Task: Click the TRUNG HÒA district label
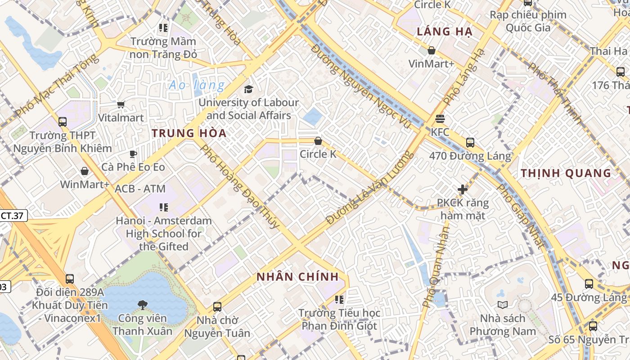[x=189, y=133]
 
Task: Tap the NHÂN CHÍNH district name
[x=297, y=277]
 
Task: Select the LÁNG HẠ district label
[x=444, y=31]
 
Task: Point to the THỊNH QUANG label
[x=566, y=173]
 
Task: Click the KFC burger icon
[x=440, y=119]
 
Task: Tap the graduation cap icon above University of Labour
[x=248, y=89]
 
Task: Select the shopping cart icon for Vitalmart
[x=121, y=105]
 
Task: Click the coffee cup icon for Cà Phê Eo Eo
[x=133, y=154]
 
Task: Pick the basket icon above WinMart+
[x=85, y=171]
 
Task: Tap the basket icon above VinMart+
[x=431, y=50]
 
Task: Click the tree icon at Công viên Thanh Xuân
[x=142, y=305]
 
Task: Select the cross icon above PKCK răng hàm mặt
[x=463, y=189]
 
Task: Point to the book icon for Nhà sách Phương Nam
[x=503, y=305]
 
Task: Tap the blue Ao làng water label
[x=197, y=85]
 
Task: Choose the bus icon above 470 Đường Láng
[x=470, y=143]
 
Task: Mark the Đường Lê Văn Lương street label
[x=370, y=188]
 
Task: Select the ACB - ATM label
[x=140, y=189]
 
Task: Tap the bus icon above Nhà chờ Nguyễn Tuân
[x=217, y=307]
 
